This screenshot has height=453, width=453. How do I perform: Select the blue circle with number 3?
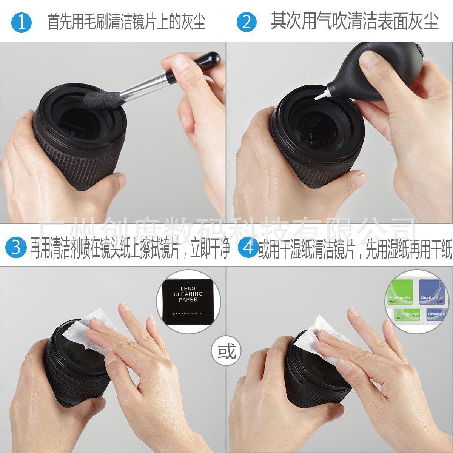(16, 248)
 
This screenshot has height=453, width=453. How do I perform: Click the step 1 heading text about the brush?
(126, 22)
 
